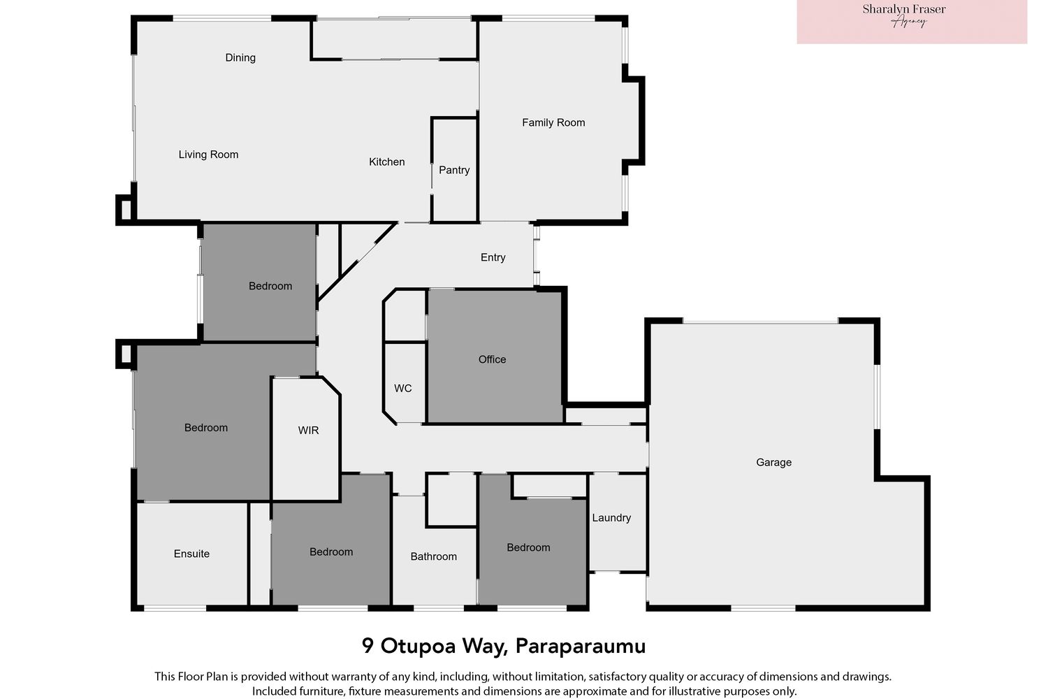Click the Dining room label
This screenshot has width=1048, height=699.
tap(240, 58)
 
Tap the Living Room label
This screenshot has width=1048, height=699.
tap(208, 154)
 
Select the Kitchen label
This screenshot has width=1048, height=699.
tap(386, 162)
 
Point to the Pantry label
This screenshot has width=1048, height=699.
tap(454, 170)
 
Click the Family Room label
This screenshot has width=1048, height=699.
tap(553, 122)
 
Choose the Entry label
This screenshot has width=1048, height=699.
tap(493, 257)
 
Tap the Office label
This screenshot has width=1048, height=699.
tap(492, 359)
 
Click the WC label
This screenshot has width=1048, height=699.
tap(403, 388)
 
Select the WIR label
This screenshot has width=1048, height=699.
tap(308, 431)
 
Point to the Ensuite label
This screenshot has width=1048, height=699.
tap(191, 554)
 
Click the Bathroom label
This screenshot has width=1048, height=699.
tap(433, 556)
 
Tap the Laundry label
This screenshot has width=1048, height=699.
tap(611, 518)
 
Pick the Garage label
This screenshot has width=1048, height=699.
tap(774, 463)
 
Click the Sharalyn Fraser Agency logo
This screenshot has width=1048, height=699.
tap(912, 22)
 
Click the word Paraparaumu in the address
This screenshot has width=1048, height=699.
tap(581, 647)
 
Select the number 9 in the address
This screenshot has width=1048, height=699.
tap(367, 646)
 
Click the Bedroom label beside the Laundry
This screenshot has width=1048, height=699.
tap(528, 548)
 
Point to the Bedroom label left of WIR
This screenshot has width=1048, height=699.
tap(206, 428)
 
